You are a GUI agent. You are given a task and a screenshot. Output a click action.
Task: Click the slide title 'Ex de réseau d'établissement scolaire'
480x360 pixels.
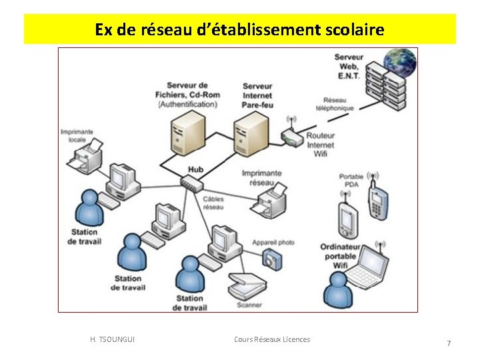click(239, 30)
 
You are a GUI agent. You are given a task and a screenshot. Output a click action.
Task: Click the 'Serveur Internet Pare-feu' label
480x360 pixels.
click(257, 95)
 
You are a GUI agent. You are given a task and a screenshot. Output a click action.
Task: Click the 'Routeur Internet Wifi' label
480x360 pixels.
click(321, 145)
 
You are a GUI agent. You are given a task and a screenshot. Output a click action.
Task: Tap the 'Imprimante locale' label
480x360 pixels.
click(77, 136)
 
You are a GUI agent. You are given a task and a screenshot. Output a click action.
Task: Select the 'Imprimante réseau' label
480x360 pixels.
click(261, 177)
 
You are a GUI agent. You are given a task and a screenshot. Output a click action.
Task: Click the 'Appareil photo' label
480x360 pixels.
click(273, 243)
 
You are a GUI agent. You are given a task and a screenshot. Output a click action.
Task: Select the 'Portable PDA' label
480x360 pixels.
click(351, 181)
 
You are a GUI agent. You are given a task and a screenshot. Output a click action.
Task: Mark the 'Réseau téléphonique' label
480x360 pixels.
click(339, 104)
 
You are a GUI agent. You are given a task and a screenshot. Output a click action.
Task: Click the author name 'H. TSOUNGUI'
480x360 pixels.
click(112, 339)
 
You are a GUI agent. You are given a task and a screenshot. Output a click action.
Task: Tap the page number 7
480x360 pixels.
click(449, 343)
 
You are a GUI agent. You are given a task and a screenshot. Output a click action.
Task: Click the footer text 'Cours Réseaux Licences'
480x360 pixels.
click(272, 339)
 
